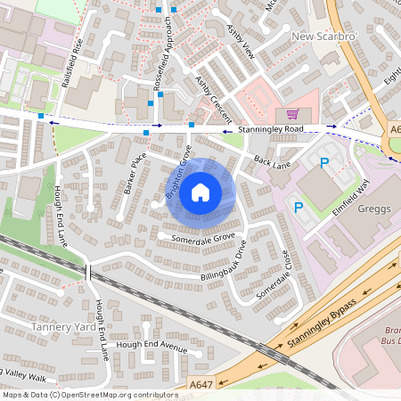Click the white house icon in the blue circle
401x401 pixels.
[200, 191]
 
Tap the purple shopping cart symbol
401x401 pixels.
[291, 114]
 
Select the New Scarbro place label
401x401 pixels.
[323, 37]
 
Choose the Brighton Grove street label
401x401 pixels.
[178, 179]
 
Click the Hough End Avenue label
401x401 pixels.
[151, 346]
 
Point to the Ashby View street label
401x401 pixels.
[241, 41]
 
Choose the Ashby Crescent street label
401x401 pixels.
[213, 99]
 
